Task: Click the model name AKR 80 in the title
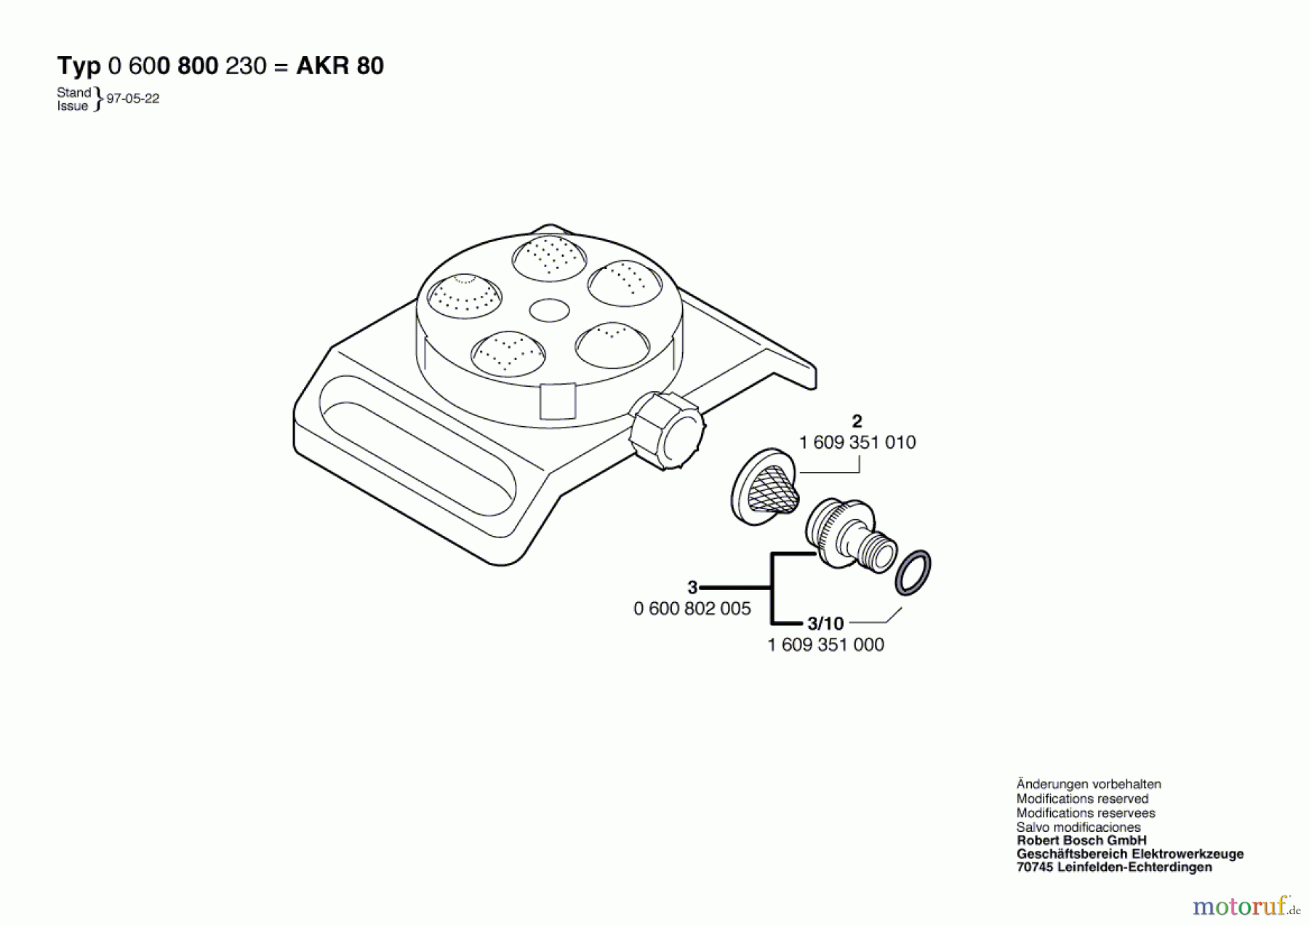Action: (340, 66)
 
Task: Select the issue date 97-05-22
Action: (133, 99)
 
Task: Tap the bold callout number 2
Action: (857, 421)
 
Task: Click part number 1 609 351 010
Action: (857, 442)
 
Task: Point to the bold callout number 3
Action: (692, 587)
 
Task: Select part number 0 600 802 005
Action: (692, 609)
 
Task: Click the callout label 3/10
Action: (825, 623)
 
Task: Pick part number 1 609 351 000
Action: (826, 644)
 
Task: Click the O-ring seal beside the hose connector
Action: (913, 572)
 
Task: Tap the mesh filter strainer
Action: (765, 486)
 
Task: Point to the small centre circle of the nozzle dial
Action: (549, 311)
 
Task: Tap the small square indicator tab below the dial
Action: (558, 401)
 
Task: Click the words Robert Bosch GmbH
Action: (1081, 841)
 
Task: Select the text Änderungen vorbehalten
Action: (1089, 784)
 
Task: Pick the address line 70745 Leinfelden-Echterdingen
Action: (1114, 867)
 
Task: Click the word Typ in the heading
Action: (79, 67)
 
